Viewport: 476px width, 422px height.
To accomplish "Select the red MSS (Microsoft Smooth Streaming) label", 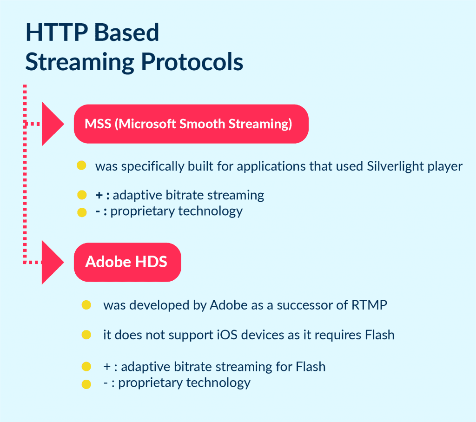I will click(191, 124).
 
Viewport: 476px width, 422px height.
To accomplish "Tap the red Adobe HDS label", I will click(127, 262).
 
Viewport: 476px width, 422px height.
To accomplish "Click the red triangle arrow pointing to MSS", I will click(52, 124).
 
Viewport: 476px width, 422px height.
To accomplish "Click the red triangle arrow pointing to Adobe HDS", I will click(52, 263).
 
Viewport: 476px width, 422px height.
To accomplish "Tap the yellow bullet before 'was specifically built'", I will click(82, 165).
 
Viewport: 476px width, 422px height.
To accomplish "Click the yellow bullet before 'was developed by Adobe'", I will click(86, 305).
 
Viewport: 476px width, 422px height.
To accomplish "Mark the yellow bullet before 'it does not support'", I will click(86, 335).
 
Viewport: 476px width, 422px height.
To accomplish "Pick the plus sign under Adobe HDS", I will click(106, 367).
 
